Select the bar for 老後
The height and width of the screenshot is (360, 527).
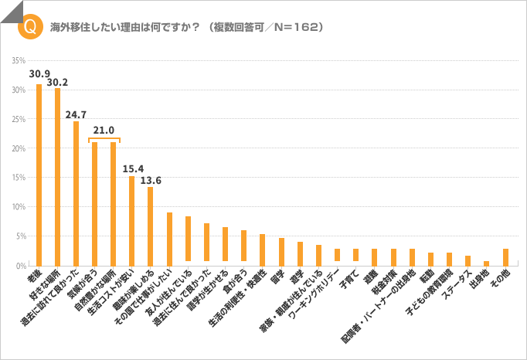click(39, 173)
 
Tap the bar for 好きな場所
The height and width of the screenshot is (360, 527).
click(57, 175)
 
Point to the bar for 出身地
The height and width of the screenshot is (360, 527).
click(487, 263)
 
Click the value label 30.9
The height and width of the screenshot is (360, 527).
click(39, 73)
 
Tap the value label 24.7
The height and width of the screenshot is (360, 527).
click(76, 114)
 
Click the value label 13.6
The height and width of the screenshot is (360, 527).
click(152, 180)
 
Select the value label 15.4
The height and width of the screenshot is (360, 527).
click(134, 168)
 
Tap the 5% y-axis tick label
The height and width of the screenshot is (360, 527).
click(21, 236)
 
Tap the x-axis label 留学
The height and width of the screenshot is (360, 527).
click(278, 275)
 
